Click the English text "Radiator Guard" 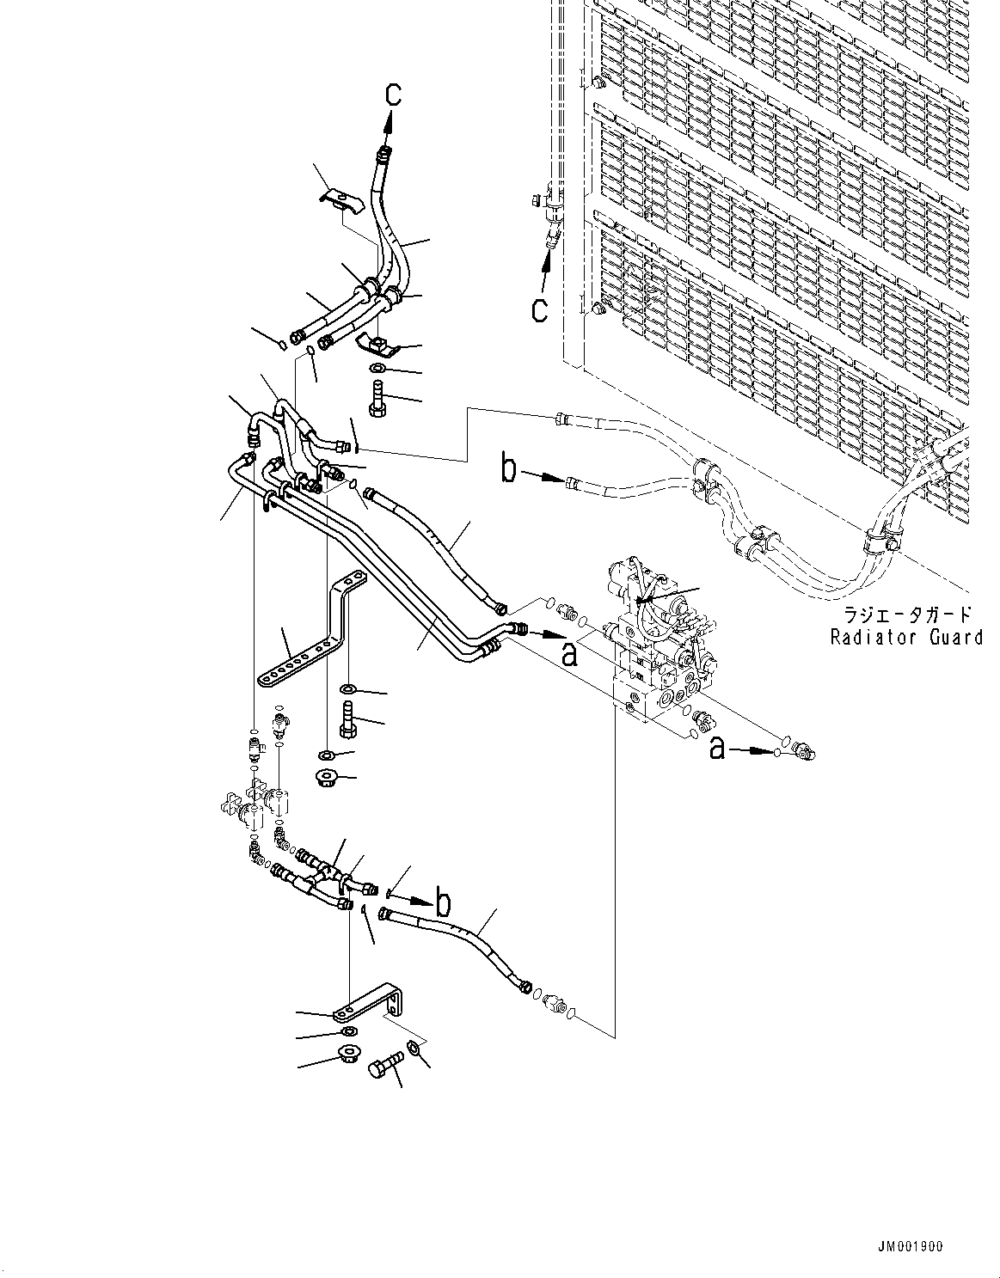pyautogui.click(x=905, y=637)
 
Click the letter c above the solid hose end pyautogui.click(x=392, y=95)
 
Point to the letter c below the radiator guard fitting pyautogui.click(x=538, y=308)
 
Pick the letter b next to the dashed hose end pyautogui.click(x=510, y=470)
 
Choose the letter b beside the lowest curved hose pyautogui.click(x=444, y=903)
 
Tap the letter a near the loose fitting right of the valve pyautogui.click(x=718, y=749)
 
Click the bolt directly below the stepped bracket pyautogui.click(x=347, y=718)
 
